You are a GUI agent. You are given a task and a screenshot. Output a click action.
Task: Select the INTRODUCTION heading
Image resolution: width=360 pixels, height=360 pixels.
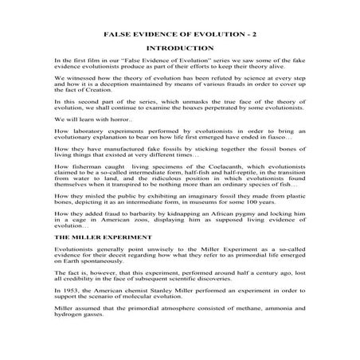click(180, 49)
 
